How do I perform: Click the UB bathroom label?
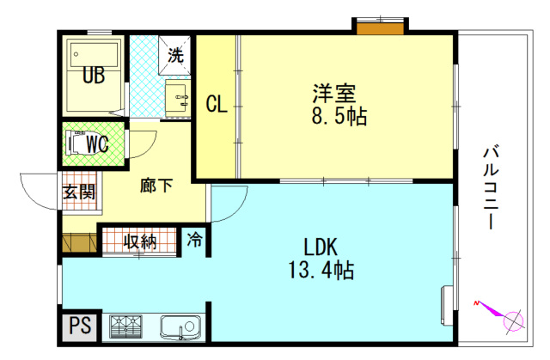click(94, 76)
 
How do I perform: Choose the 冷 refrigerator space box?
click(196, 240)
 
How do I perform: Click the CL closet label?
click(217, 105)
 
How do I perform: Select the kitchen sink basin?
click(180, 327)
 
